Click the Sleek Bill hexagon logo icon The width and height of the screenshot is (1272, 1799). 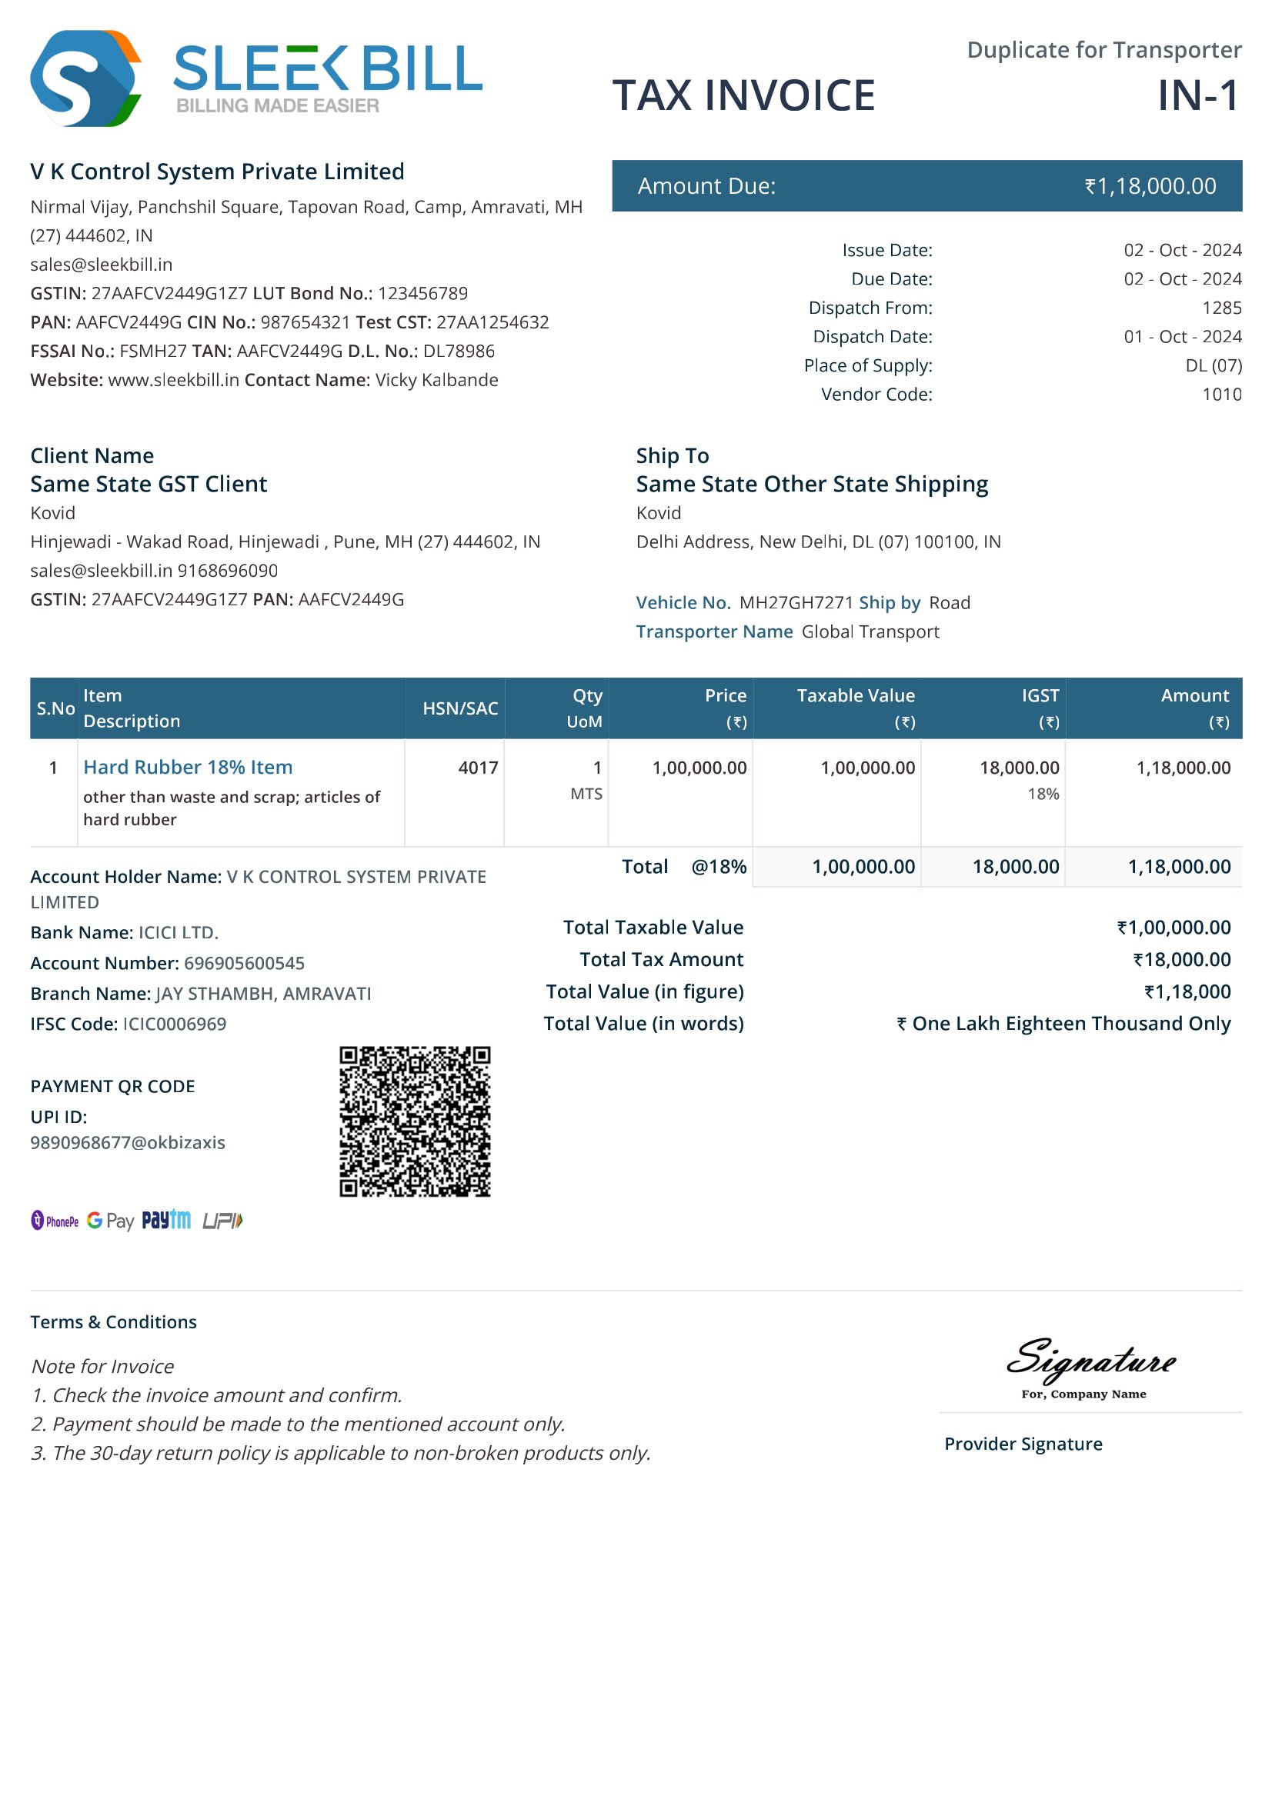[85, 78]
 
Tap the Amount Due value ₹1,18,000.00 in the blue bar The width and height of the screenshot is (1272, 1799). [1150, 186]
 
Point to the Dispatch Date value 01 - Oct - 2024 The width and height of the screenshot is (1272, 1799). [1182, 337]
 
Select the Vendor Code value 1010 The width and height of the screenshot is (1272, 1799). [1221, 394]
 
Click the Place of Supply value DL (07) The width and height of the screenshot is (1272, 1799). [1213, 365]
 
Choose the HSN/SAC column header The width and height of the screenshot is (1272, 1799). [460, 708]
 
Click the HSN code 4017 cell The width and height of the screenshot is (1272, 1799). [478, 768]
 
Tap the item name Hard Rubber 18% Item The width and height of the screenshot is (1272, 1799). [188, 767]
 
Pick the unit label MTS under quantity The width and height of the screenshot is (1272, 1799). [586, 794]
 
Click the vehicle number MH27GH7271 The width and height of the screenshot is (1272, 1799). [796, 602]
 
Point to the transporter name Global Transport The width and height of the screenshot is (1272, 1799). [870, 631]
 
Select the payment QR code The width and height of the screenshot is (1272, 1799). [415, 1121]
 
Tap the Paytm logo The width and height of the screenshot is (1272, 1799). [166, 1220]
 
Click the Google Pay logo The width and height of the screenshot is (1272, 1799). [111, 1221]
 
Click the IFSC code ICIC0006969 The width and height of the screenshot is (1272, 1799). [175, 1024]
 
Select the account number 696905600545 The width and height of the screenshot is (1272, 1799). [245, 963]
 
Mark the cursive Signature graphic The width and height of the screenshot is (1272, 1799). [1090, 1361]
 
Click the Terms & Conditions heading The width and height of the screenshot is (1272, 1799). [114, 1322]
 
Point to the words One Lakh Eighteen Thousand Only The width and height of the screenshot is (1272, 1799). [1070, 1023]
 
